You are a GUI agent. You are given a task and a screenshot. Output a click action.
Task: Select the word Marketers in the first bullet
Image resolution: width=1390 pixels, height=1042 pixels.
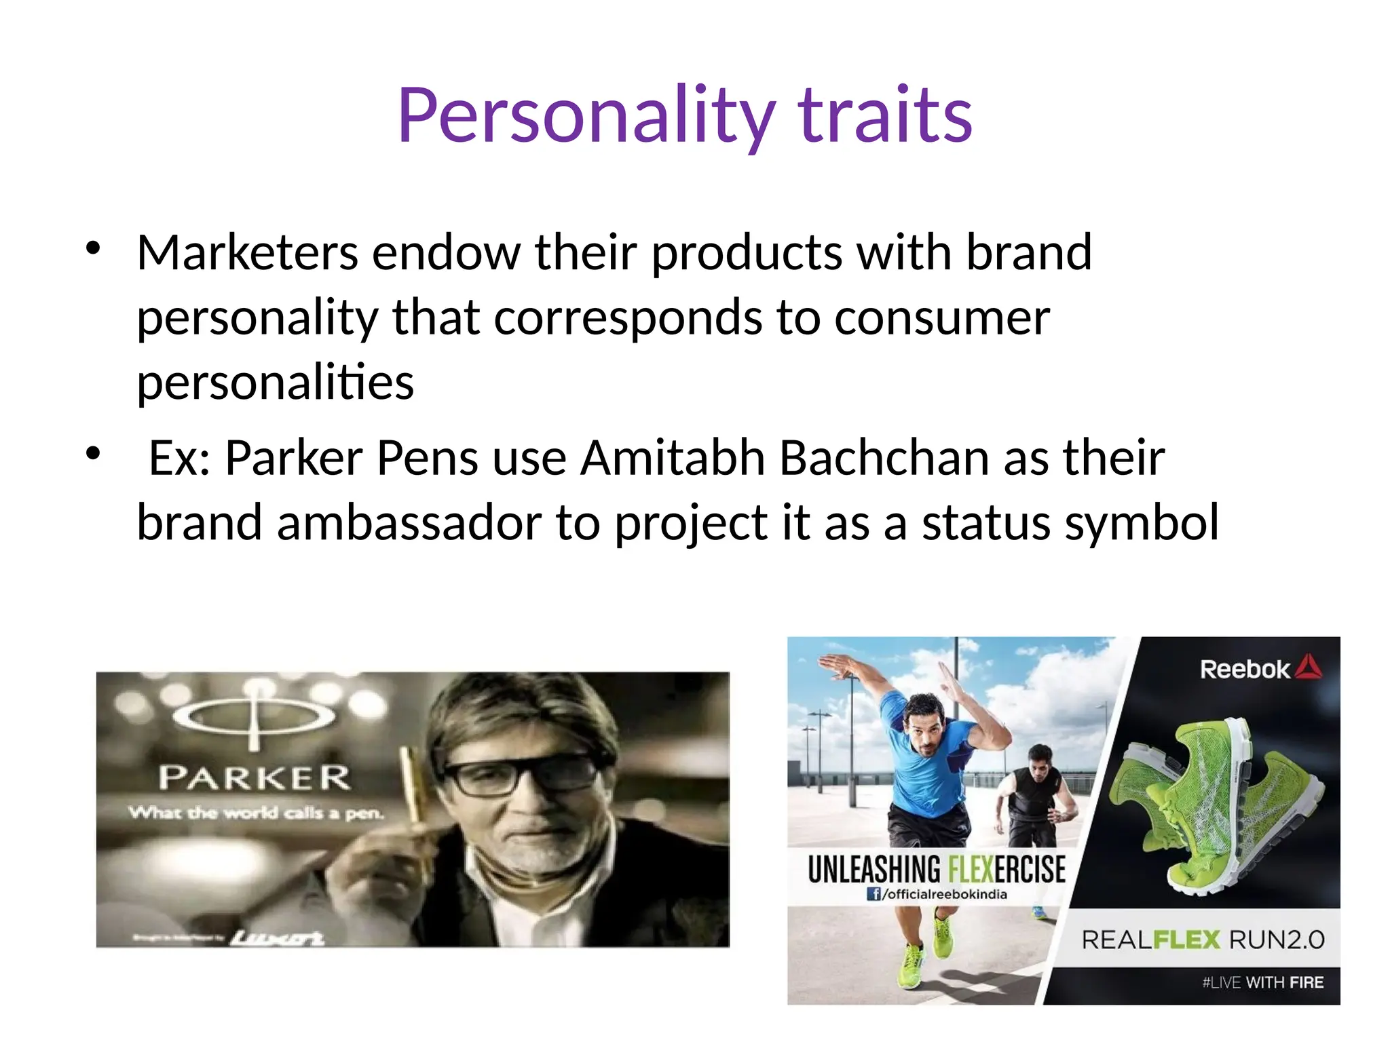(247, 252)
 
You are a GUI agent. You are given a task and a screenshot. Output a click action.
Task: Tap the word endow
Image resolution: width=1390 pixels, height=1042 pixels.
(446, 252)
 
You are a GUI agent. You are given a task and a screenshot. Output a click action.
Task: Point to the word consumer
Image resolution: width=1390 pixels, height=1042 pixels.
(941, 317)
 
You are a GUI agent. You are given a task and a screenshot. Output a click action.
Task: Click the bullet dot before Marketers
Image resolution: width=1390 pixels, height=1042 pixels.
(93, 248)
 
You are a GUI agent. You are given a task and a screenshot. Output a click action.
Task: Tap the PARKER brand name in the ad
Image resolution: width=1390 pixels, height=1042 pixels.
(255, 778)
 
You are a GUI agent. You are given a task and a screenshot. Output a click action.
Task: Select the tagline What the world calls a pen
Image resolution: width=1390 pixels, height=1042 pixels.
(257, 813)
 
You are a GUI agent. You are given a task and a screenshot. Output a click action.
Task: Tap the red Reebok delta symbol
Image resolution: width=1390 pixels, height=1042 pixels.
(1309, 667)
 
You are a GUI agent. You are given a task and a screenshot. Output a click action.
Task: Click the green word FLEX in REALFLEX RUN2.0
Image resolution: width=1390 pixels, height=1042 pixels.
(1187, 940)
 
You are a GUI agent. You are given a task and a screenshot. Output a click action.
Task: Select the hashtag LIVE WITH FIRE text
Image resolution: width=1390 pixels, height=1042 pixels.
(1262, 982)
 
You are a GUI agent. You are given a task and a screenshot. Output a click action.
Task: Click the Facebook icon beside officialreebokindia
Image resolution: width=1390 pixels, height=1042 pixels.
(874, 894)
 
